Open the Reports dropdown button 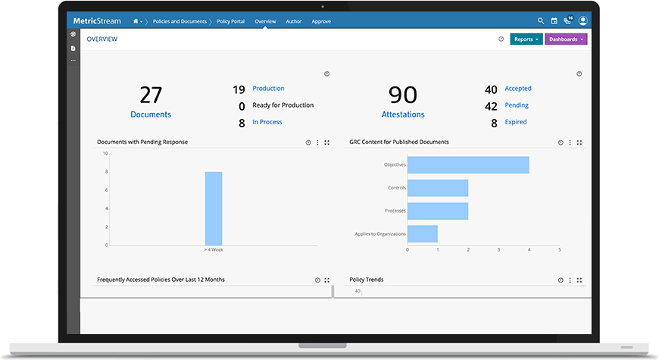tap(526, 39)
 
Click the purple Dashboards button tap(566, 39)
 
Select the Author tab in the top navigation tap(293, 21)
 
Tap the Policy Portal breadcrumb tap(232, 21)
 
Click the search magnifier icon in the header tap(541, 21)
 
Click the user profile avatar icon tap(582, 21)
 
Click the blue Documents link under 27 tap(151, 114)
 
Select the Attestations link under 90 tap(403, 114)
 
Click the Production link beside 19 tap(268, 89)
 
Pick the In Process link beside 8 tap(267, 122)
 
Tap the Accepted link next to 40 tap(518, 89)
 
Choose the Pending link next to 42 tap(517, 105)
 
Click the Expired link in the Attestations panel tap(516, 122)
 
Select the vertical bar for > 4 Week tap(214, 208)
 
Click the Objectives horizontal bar tap(468, 164)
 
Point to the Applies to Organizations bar tap(423, 233)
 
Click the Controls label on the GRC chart tap(396, 187)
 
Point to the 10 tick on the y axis tap(105, 154)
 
